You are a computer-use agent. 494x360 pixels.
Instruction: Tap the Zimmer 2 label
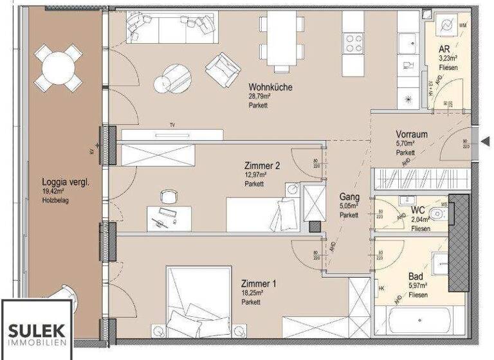click(x=262, y=165)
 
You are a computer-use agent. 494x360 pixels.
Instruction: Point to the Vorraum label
click(x=412, y=134)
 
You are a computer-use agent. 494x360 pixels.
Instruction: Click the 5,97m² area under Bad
click(x=418, y=286)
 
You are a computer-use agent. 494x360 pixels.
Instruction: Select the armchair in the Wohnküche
click(x=223, y=69)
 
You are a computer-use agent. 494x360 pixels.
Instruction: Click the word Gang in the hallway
click(x=350, y=197)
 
